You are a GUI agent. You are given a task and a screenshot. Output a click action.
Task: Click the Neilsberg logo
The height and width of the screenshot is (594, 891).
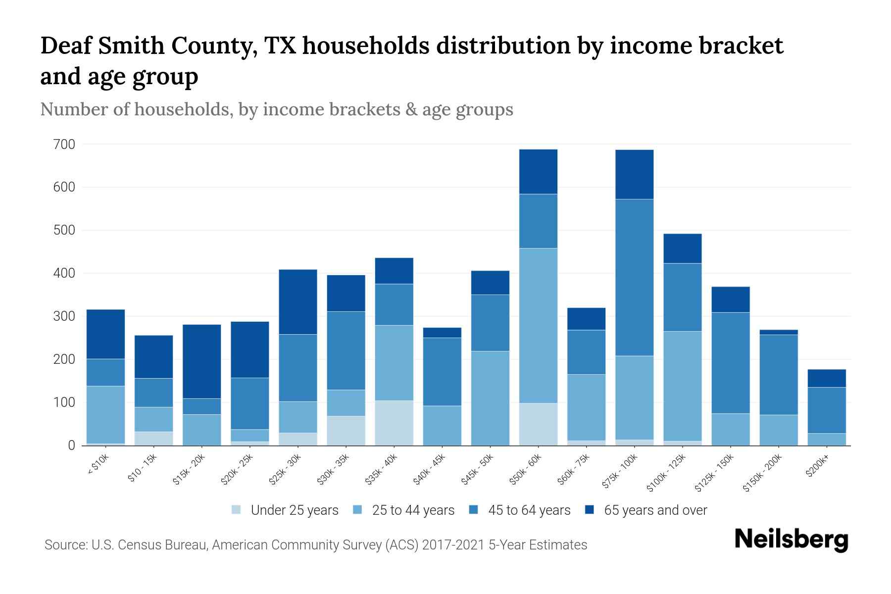[x=791, y=539]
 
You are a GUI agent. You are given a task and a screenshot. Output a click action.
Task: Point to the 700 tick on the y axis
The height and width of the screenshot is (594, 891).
[x=64, y=145]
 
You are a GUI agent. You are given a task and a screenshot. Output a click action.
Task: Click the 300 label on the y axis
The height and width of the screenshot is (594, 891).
[x=64, y=316]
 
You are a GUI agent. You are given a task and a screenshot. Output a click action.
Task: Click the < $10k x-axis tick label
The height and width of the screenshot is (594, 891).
[x=98, y=466]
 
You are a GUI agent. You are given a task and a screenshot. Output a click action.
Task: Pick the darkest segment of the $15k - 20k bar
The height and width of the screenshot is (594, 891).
[x=201, y=361]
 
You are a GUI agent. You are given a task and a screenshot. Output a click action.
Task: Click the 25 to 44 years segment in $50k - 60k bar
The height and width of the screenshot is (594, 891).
[x=538, y=325]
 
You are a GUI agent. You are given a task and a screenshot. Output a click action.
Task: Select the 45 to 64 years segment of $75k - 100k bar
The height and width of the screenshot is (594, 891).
[x=634, y=277]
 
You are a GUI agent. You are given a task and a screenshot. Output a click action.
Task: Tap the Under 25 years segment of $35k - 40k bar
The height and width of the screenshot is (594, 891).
[x=394, y=423]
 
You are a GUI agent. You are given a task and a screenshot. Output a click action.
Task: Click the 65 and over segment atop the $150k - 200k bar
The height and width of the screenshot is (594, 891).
[x=778, y=333]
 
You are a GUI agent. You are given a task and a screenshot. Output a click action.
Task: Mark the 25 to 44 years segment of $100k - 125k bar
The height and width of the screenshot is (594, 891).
[x=682, y=386]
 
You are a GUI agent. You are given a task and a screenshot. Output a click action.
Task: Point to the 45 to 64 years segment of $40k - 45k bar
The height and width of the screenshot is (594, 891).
[x=442, y=372]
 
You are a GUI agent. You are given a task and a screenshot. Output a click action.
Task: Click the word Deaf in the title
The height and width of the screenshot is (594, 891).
[x=67, y=46]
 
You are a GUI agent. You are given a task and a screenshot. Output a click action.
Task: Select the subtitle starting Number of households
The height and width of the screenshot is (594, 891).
[x=276, y=109]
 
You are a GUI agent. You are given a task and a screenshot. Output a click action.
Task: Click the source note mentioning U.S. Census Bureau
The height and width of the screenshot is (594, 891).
[x=315, y=545]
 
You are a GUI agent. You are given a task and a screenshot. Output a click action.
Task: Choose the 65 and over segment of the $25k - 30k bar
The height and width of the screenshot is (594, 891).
[x=298, y=302]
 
